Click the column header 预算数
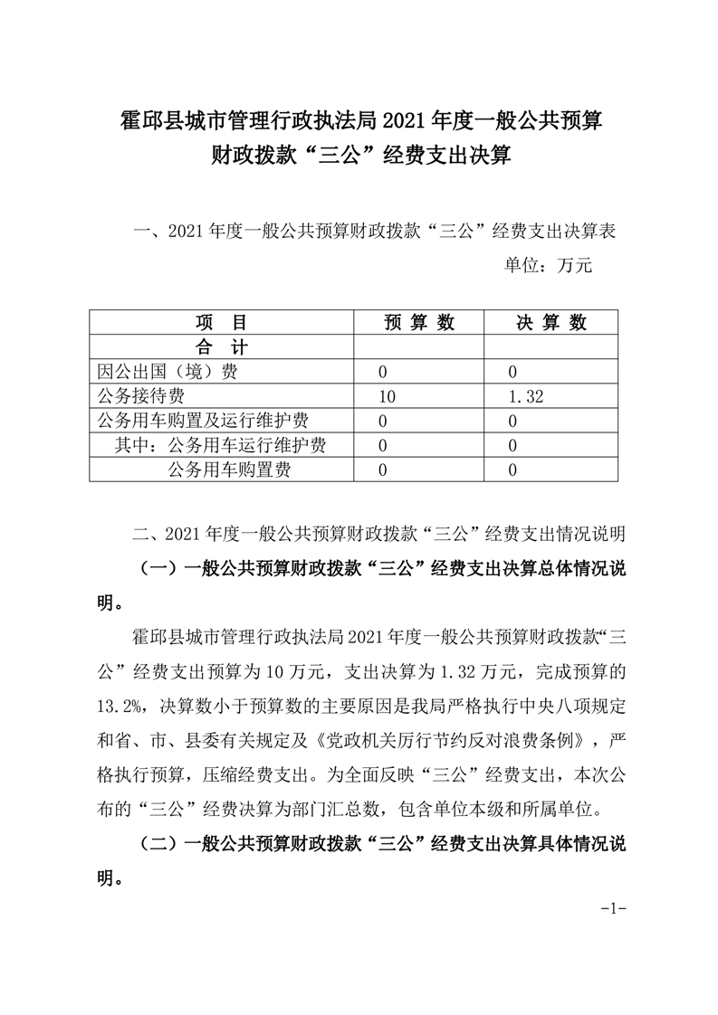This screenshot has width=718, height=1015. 419,323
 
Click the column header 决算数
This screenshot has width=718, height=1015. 551,323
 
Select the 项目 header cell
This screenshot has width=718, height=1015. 221,323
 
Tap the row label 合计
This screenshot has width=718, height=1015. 221,347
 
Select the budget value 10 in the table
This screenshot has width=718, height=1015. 388,396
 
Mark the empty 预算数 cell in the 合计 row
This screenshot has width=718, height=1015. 419,347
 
